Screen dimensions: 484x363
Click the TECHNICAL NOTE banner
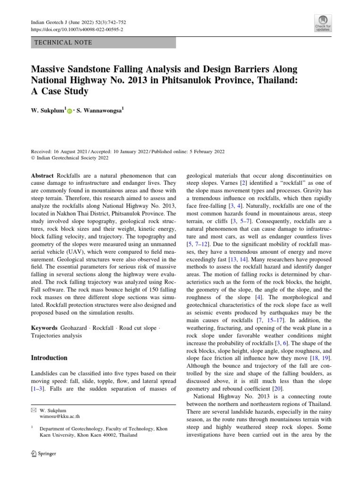click(x=103, y=43)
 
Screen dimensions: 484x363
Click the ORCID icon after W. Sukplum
click(x=69, y=111)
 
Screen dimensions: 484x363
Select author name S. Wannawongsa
click(x=100, y=111)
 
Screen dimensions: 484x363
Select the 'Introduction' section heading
click(x=49, y=358)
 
